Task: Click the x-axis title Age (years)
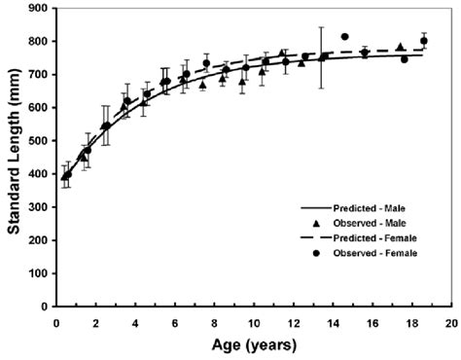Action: [249, 345]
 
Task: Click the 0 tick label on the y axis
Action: [45, 306]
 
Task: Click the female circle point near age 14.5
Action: [345, 37]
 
